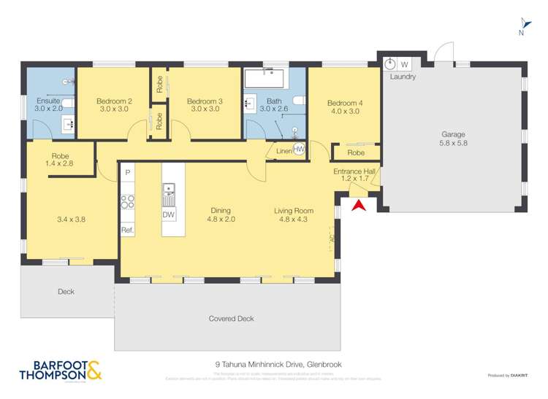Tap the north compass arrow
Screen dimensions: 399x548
click(x=522, y=25)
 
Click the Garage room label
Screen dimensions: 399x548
click(x=453, y=134)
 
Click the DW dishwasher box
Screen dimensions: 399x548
click(x=169, y=214)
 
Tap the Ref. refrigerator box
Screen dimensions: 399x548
click(x=128, y=231)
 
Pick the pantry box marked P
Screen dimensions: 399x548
click(x=128, y=173)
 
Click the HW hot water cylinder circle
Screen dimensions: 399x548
click(x=299, y=150)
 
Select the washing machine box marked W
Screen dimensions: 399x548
click(x=404, y=64)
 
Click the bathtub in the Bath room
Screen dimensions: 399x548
click(x=265, y=78)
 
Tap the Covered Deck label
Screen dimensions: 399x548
click(x=231, y=319)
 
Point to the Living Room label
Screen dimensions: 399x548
click(x=294, y=211)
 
